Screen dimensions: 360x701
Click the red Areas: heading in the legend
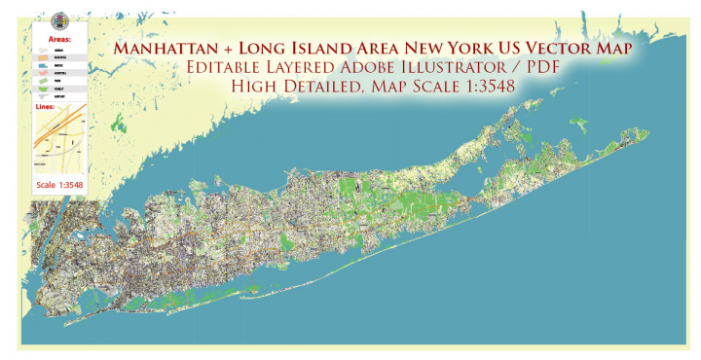pos(46,40)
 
